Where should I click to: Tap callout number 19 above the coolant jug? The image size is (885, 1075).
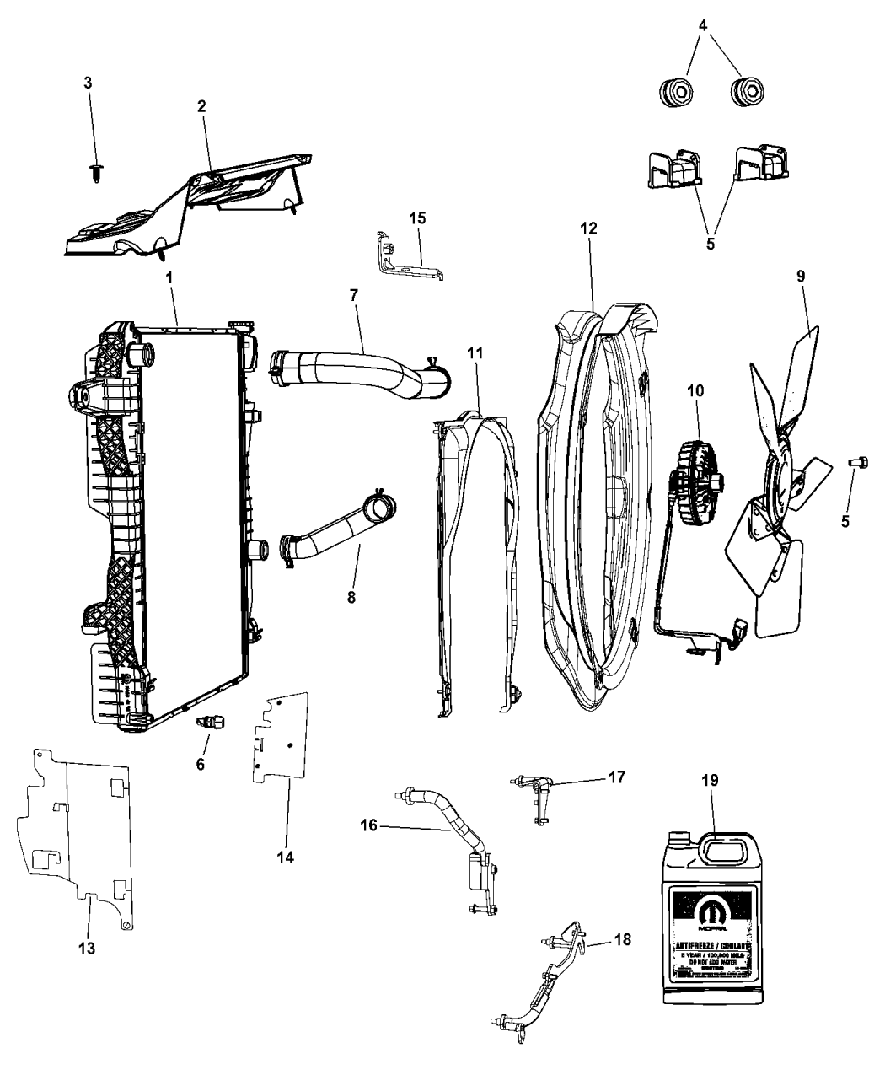[710, 781]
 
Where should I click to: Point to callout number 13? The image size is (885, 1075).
[87, 948]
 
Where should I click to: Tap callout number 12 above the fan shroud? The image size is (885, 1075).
[588, 229]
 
